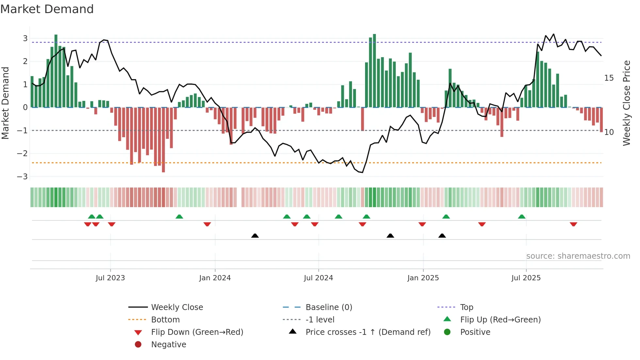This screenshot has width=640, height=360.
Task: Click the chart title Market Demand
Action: click(47, 9)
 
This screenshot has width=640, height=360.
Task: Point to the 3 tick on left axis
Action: click(25, 39)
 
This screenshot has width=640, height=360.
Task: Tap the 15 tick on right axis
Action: click(609, 78)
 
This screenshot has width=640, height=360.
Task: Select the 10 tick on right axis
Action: click(609, 132)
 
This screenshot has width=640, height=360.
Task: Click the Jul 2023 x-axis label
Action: click(110, 278)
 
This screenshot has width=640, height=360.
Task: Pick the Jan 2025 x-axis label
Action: click(423, 278)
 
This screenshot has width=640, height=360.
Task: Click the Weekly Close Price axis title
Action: click(626, 103)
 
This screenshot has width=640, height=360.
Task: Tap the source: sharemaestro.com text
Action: click(578, 256)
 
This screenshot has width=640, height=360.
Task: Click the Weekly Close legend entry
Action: click(177, 307)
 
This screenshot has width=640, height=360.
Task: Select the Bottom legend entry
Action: click(165, 320)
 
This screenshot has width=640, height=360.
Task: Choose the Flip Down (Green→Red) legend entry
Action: click(197, 332)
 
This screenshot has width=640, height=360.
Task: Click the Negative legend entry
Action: click(168, 345)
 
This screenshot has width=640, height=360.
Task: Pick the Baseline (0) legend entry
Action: click(329, 307)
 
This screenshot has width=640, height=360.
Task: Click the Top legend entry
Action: click(467, 307)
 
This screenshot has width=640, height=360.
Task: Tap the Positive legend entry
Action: click(475, 332)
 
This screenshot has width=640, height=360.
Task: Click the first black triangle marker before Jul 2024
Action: click(255, 236)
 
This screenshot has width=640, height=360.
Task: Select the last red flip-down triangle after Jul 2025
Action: click(573, 224)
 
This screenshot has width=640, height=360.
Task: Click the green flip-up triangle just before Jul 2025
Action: click(522, 217)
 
